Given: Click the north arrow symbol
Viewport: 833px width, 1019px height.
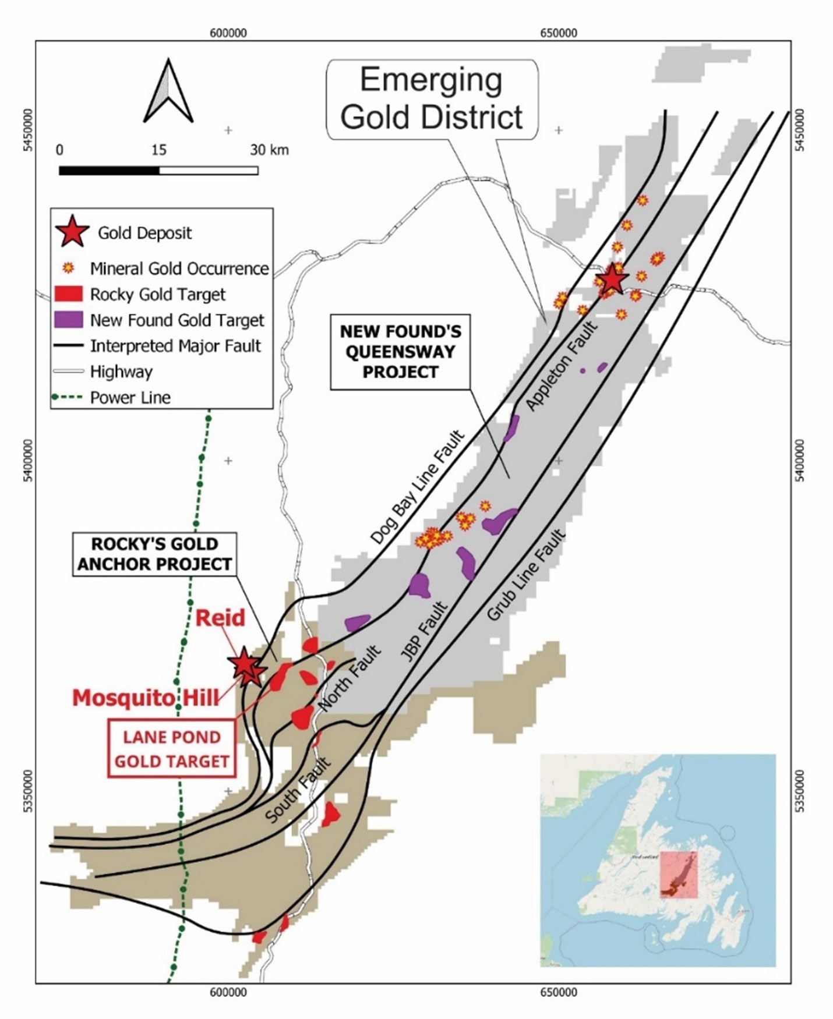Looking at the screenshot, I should click(x=168, y=92).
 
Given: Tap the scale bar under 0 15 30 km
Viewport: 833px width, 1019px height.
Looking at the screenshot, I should click(x=158, y=171).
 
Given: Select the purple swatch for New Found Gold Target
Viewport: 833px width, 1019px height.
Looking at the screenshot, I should click(x=68, y=320).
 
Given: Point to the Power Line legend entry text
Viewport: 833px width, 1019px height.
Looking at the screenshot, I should click(x=130, y=398).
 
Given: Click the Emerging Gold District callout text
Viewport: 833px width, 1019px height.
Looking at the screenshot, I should click(x=431, y=99).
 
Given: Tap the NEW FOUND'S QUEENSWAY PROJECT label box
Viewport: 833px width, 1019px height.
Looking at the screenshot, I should click(x=400, y=352).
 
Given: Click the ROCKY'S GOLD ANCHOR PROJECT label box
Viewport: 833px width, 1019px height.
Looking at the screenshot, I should click(x=155, y=554).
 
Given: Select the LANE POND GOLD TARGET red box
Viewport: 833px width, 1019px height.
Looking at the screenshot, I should click(x=172, y=749).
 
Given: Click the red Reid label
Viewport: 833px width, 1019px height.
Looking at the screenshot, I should click(x=220, y=618).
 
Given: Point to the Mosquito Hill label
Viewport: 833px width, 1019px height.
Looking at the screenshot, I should click(x=146, y=697).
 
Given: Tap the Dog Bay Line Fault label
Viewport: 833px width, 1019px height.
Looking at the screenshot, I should click(x=418, y=487).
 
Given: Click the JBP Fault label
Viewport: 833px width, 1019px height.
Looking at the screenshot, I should click(x=423, y=633).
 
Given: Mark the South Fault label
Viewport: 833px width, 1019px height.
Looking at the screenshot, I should click(x=298, y=790).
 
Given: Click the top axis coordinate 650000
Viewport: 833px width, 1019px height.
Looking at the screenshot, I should click(x=558, y=33).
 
